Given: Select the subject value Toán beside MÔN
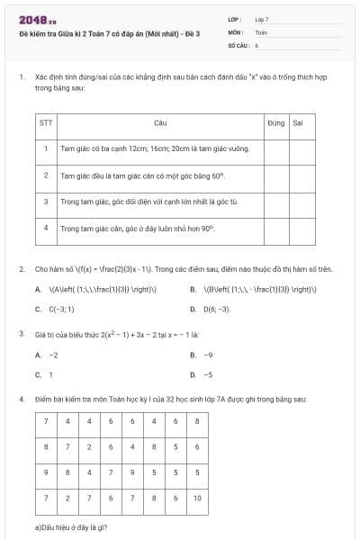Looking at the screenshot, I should click(261, 31).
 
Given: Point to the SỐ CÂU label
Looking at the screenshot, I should click(238, 43).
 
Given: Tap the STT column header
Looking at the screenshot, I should click(46, 121).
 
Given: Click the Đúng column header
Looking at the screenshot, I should click(276, 121).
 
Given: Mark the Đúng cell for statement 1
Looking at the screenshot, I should click(276, 148).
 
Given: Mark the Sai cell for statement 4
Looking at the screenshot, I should click(302, 229).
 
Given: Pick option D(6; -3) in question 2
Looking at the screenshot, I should click(216, 309).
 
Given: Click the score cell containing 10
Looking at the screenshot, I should click(197, 498).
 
